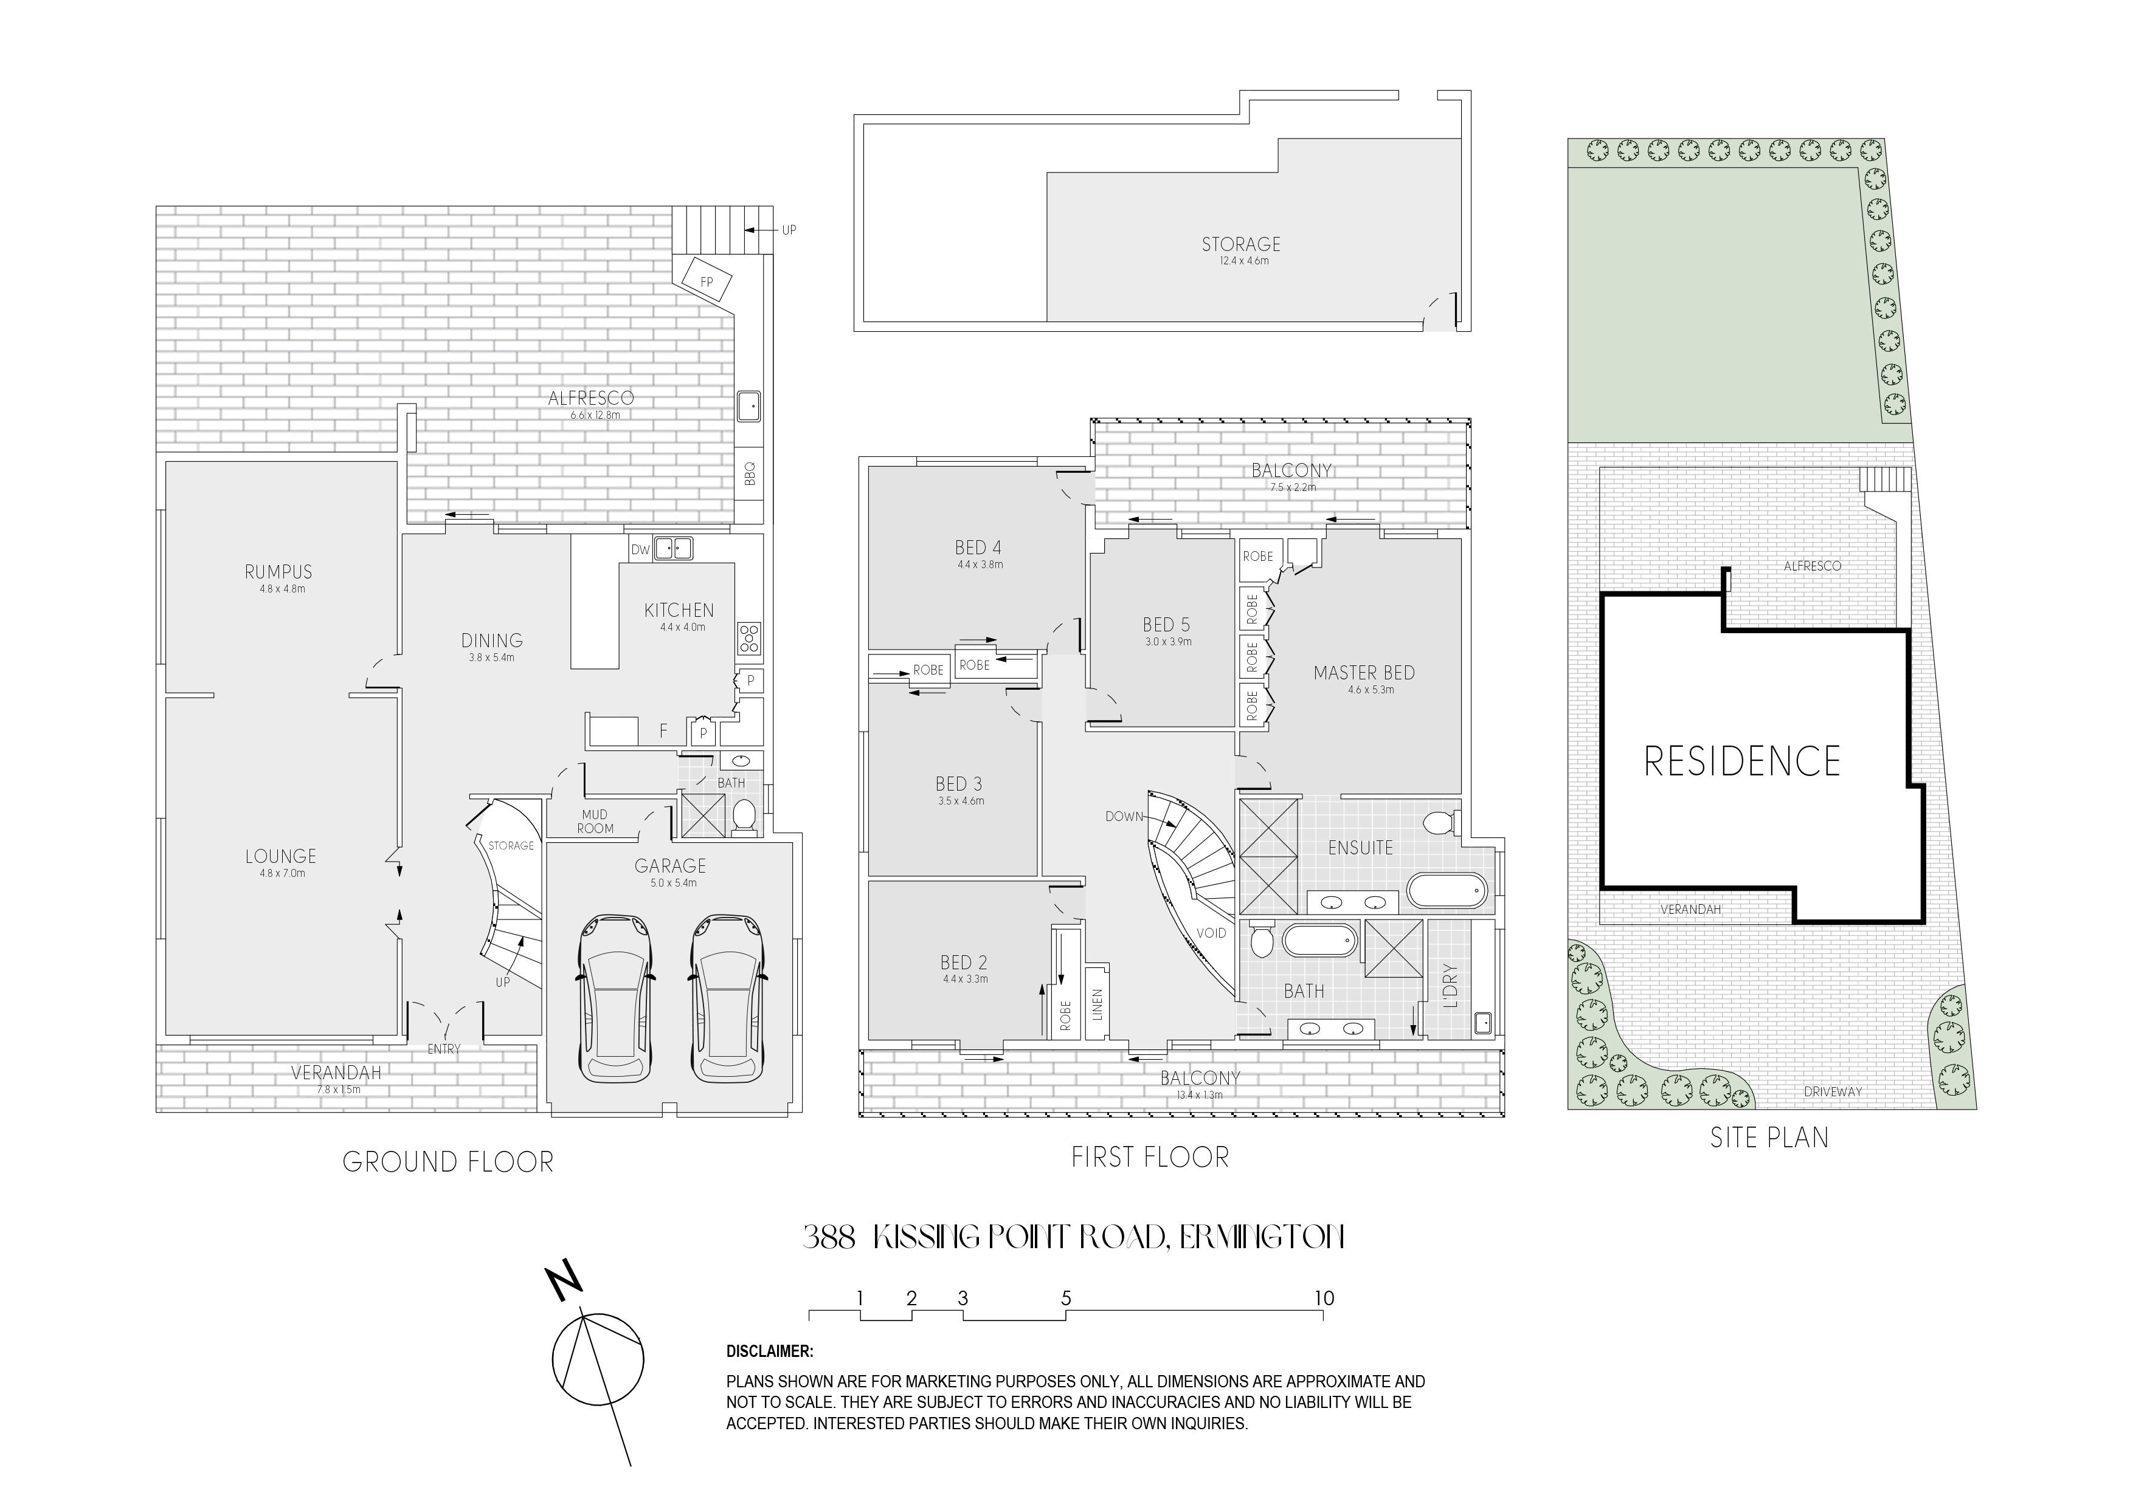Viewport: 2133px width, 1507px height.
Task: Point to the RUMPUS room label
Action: tap(278, 572)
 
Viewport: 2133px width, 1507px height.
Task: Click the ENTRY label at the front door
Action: tap(444, 1049)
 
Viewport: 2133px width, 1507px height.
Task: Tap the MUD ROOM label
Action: tap(595, 822)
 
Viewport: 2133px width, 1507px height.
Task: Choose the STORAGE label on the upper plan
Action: tap(1241, 244)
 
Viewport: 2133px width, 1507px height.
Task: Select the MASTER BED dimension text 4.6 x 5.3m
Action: tap(1364, 690)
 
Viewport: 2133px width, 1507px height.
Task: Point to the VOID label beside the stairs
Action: tap(1211, 933)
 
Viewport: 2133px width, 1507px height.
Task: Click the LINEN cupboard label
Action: tap(1097, 1004)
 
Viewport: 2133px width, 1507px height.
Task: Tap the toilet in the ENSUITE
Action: tap(1438, 823)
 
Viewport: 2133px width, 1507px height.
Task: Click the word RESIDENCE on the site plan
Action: tap(1742, 761)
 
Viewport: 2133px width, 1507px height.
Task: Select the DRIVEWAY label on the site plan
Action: tap(1833, 1092)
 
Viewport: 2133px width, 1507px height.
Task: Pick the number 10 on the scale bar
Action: tap(1324, 1298)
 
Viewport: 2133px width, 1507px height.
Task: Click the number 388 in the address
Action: tap(829, 1238)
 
